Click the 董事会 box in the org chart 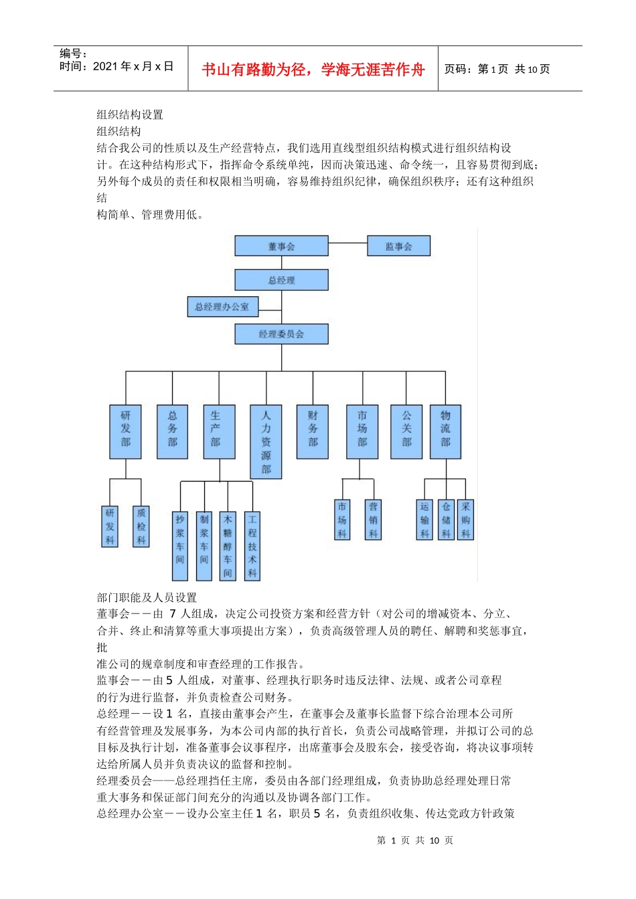281,246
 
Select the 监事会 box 398,246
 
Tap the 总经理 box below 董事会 281,280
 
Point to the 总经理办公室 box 222,307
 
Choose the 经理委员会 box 281,334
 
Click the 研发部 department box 125,431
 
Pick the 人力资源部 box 266,441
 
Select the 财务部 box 313,431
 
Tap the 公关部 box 406,431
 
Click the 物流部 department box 445,431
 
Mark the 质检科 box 141,526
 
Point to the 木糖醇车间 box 228,546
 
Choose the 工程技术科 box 252,546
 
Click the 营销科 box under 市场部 373,520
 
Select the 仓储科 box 446,520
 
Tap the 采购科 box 465,520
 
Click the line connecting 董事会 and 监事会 347,243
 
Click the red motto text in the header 313,70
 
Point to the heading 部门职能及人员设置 147,597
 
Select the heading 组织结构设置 130,115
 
